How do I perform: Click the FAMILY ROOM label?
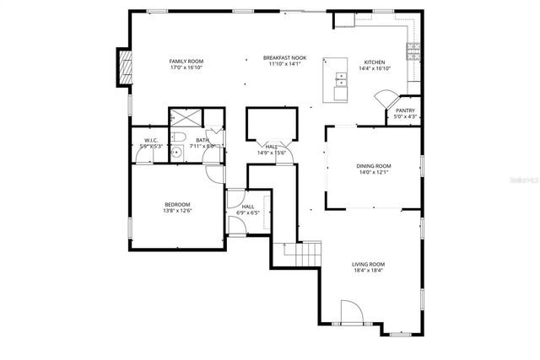click(186, 61)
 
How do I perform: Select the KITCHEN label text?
click(374, 62)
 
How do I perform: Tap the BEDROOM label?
click(177, 204)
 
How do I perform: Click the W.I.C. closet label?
click(151, 140)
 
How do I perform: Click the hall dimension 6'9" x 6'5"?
click(248, 212)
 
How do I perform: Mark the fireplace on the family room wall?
click(126, 67)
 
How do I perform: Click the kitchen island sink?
click(341, 81)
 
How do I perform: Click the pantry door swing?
click(386, 99)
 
